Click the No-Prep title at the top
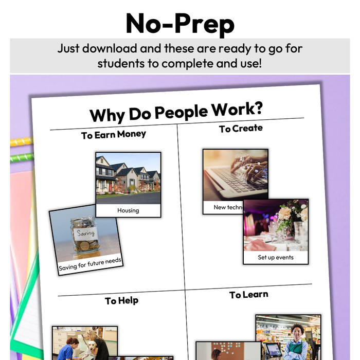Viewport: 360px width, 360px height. click(x=179, y=23)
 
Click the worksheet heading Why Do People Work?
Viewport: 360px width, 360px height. click(x=176, y=111)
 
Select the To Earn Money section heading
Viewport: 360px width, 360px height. click(x=113, y=135)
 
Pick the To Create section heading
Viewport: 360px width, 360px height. click(x=241, y=128)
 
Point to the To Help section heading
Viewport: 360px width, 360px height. click(x=121, y=301)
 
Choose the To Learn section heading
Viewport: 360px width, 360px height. click(x=248, y=295)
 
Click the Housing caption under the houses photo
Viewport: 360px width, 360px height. click(x=128, y=210)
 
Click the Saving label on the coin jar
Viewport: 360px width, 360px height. click(x=85, y=233)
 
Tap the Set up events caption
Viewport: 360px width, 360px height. click(x=276, y=257)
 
